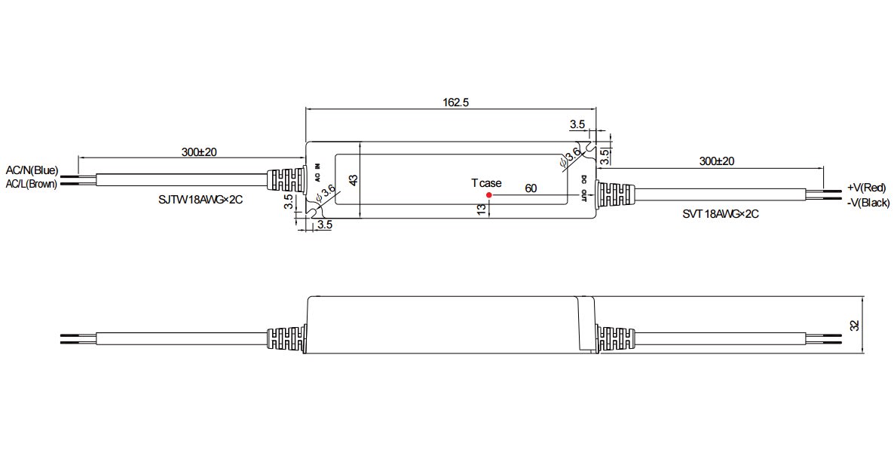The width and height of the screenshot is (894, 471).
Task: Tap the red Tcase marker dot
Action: (x=489, y=195)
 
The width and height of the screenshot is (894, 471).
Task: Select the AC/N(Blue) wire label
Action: (x=32, y=170)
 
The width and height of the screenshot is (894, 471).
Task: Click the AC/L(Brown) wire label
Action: (x=32, y=184)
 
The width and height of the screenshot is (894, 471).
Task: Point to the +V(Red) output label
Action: (x=867, y=188)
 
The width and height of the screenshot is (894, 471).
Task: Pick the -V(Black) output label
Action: (x=868, y=203)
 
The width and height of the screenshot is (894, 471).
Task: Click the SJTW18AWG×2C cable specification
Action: (x=201, y=200)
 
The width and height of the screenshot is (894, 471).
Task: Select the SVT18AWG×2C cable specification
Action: (x=721, y=214)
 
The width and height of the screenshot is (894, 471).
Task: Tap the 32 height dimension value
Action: (x=854, y=326)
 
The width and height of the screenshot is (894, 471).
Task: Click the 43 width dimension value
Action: (x=354, y=180)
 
